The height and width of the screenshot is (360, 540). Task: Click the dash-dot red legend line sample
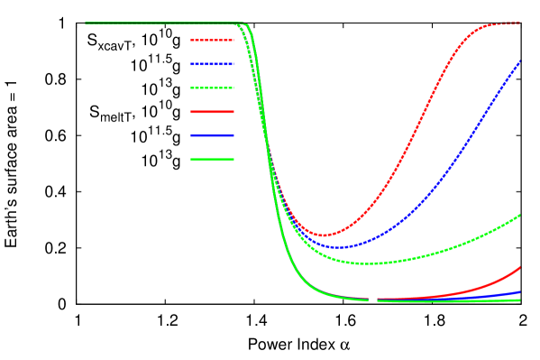pos(212,41)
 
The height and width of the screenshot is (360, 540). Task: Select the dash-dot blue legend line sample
pos(212,64)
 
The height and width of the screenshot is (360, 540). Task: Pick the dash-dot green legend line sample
pos(212,88)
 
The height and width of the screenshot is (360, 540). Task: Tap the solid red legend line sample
pos(212,112)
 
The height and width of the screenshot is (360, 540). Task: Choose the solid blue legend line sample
pos(212,135)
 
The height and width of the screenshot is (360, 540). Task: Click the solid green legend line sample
pos(212,160)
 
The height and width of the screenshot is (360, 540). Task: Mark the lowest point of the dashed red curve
pos(324,235)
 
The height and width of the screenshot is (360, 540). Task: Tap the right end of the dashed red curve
pos(521,23)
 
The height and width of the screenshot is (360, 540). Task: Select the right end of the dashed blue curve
pos(521,60)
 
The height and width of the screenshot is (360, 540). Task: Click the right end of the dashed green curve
pos(521,215)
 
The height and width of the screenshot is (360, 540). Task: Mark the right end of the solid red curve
pos(521,267)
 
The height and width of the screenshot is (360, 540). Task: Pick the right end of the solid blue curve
pos(521,292)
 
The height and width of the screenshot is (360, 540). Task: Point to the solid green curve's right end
pos(521,300)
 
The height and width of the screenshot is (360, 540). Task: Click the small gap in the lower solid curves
pos(373,300)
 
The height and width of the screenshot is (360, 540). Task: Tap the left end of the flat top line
pos(86,23)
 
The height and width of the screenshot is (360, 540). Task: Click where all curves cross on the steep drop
pos(268,150)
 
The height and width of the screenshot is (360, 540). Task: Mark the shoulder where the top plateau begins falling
pos(246,26)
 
